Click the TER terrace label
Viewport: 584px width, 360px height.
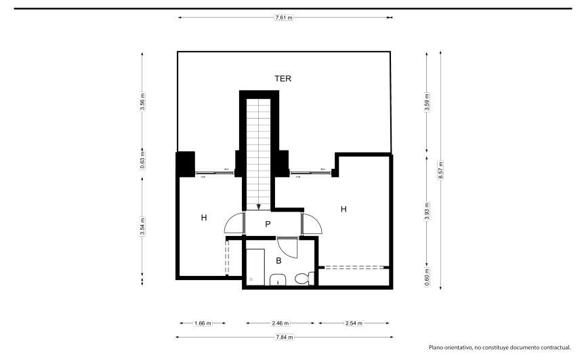283,79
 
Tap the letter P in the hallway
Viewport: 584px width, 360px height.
268,224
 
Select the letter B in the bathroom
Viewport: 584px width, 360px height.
278,261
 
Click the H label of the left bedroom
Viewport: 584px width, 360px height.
204,218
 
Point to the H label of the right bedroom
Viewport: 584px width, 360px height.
343,209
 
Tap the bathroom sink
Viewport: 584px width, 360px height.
278,279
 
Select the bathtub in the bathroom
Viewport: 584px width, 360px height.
255,267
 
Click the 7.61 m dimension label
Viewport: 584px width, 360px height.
284,18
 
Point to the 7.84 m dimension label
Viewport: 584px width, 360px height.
284,337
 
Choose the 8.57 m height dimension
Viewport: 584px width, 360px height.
440,170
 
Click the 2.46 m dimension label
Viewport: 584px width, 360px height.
280,323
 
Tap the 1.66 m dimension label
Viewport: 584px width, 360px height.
203,323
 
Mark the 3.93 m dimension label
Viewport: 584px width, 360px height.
427,212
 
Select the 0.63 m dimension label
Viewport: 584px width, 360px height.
142,160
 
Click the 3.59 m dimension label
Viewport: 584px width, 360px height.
427,102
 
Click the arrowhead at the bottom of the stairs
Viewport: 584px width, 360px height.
259,207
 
